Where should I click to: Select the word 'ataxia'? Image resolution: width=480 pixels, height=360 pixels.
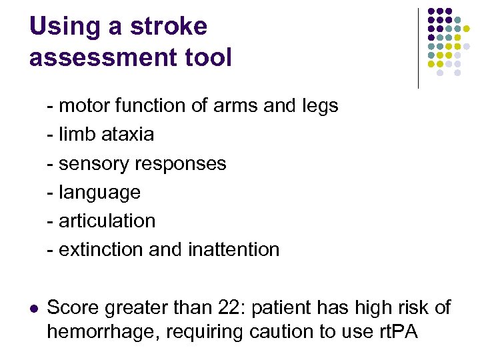click(127, 134)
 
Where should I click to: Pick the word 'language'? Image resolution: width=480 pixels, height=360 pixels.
click(99, 193)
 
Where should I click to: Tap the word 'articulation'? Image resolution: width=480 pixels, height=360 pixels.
click(107, 221)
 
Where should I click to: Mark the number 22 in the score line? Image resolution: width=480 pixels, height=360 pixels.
click(227, 308)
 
